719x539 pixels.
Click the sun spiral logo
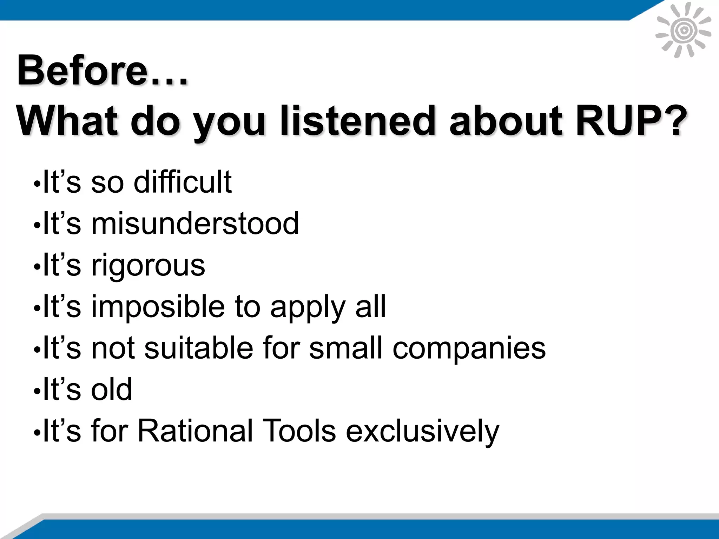[x=683, y=31]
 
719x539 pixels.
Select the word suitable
[x=199, y=348]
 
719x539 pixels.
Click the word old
[x=112, y=389]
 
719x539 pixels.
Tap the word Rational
[x=195, y=431]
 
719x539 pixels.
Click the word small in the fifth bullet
[x=345, y=348]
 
